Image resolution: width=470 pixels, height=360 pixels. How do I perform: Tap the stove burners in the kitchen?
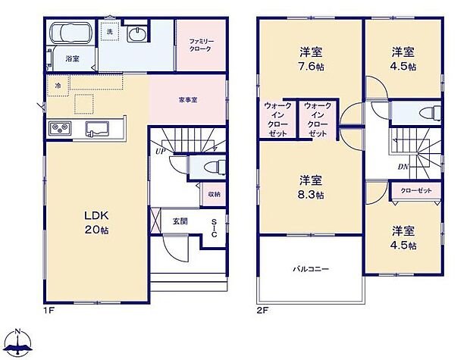pos(59,129)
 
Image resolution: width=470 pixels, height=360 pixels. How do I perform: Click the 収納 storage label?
pos(215,195)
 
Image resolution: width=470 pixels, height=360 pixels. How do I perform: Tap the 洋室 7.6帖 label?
pos(310,58)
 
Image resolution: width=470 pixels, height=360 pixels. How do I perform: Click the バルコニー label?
pos(310,268)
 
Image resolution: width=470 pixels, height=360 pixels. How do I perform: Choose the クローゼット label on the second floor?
pos(415,190)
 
